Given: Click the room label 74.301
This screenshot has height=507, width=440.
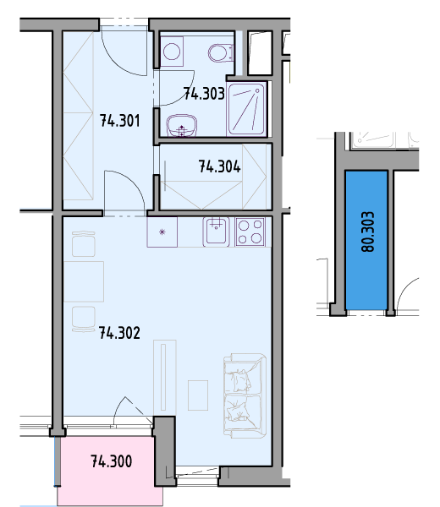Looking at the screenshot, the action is pos(120,121).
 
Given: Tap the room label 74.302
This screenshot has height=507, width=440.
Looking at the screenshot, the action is pos(119,333).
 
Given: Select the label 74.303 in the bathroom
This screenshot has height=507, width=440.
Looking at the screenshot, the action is pos(204,94).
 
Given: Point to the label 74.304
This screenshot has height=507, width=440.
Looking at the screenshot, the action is pos(219,166).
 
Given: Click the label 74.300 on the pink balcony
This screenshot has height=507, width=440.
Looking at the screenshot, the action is pos(112,461).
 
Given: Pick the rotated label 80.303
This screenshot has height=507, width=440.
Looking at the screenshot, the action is pos(367,232).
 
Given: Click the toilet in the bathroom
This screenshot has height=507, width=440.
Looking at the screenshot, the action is pos(221,53).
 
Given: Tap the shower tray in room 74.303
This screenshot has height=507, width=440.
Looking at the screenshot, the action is pos(246,109).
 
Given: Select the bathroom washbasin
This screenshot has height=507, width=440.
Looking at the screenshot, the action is pos(182,125).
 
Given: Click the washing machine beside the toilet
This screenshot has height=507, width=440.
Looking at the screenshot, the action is pos(172,52).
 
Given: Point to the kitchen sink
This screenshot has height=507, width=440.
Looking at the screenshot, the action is pos(217,232).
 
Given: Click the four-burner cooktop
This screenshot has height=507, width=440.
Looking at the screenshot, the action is pos(250,232).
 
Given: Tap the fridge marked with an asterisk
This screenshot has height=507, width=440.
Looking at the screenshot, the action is pos(162,232).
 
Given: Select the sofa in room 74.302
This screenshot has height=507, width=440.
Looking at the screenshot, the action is pos(245,395).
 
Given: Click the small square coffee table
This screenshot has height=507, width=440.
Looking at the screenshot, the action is pos(198,395).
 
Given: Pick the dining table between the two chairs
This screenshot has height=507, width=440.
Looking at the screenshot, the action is pos(84,281).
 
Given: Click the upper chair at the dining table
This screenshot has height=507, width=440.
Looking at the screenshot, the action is pos(84,244).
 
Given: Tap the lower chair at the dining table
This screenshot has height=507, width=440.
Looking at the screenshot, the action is pos(84,319).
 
